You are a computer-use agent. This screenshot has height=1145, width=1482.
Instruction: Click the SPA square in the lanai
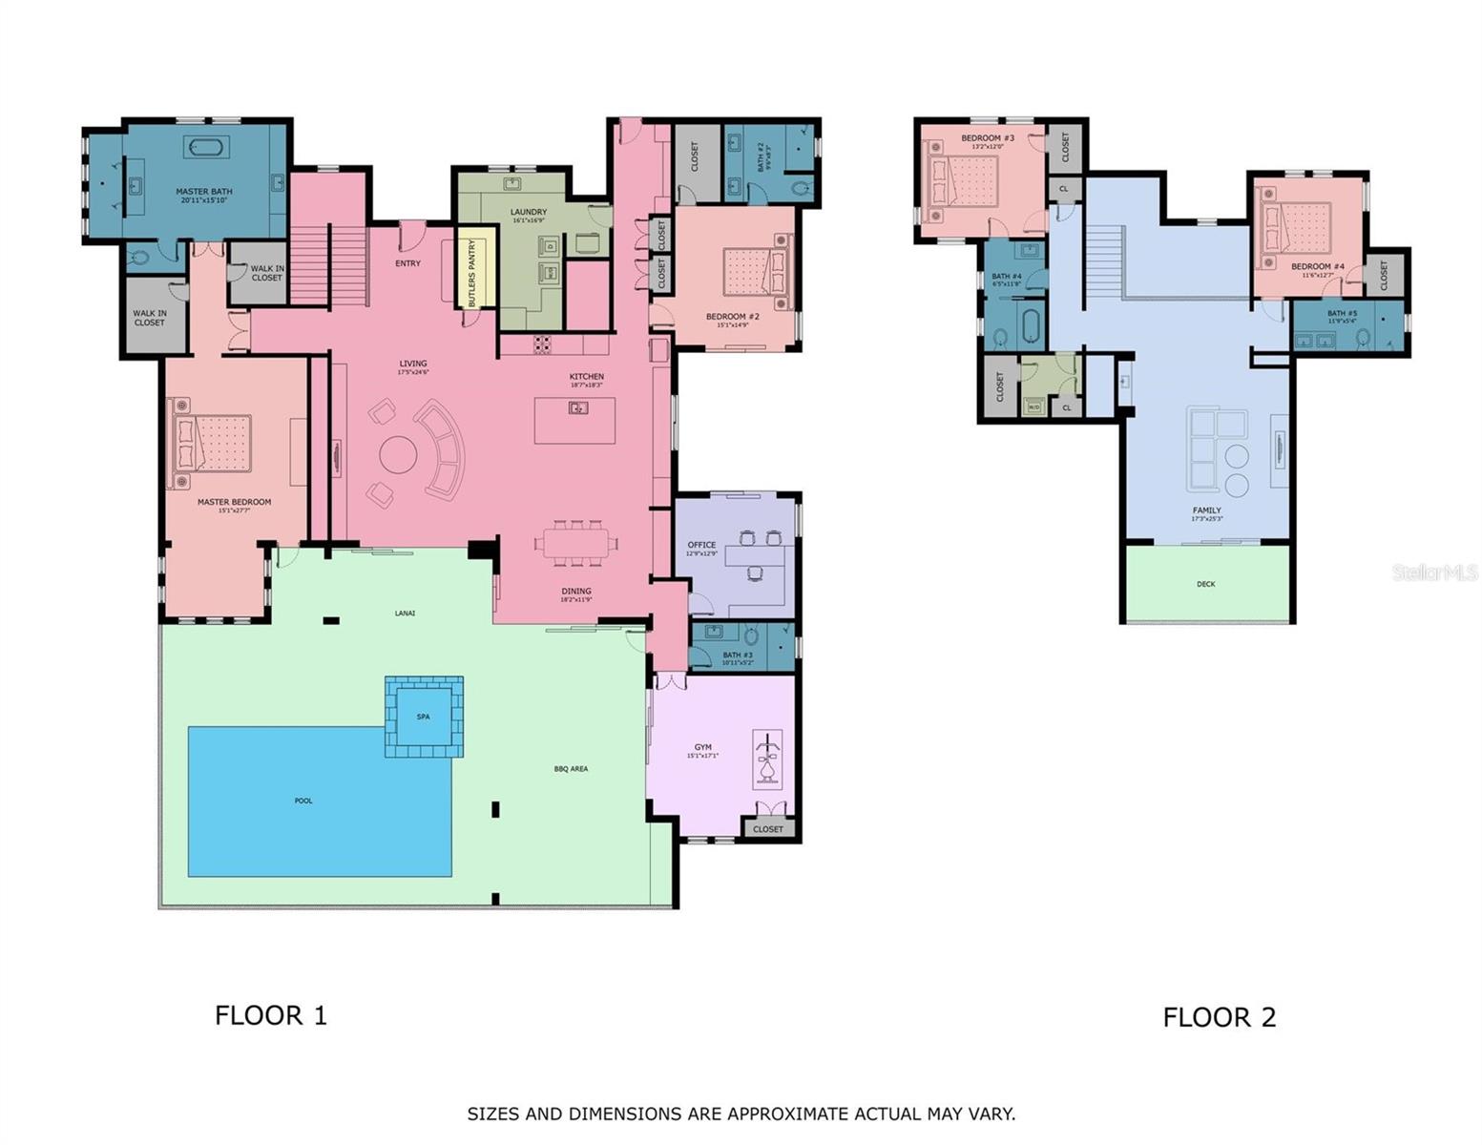(x=424, y=718)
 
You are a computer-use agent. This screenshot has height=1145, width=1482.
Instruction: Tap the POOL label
(x=303, y=801)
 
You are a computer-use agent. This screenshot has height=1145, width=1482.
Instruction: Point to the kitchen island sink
(x=578, y=408)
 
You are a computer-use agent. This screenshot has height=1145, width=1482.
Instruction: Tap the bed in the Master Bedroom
(x=211, y=444)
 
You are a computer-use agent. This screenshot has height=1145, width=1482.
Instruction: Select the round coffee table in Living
(x=399, y=455)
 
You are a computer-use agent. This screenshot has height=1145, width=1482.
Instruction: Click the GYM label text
(x=702, y=747)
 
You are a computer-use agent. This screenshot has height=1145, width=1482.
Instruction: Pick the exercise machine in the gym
(x=766, y=760)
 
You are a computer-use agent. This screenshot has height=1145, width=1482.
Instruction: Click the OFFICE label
(x=701, y=545)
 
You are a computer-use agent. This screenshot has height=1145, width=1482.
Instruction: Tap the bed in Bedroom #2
(x=755, y=271)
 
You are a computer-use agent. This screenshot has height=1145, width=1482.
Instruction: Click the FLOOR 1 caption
(x=271, y=1015)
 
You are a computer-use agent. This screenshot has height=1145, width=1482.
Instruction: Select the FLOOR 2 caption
(x=1219, y=1017)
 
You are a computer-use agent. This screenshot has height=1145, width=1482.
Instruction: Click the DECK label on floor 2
(x=1206, y=584)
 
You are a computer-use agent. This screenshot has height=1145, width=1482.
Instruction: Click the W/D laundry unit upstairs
(x=1033, y=407)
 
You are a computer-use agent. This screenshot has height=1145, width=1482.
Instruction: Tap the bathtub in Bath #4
(x=1030, y=325)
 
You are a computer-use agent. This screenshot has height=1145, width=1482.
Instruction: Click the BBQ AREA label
(x=571, y=768)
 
